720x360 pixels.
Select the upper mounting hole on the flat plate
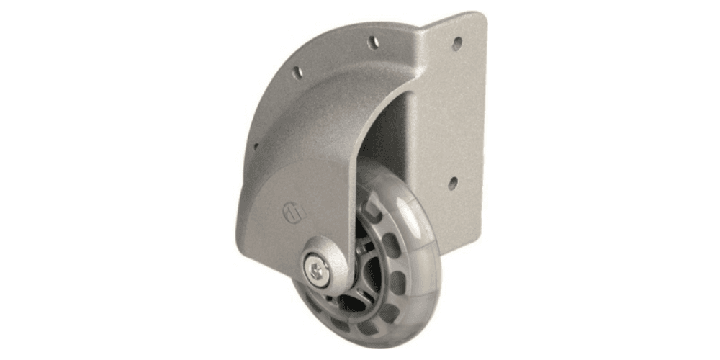tap(456, 43)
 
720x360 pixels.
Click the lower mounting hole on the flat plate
tap(452, 184)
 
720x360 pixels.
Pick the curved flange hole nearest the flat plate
tap(374, 42)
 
